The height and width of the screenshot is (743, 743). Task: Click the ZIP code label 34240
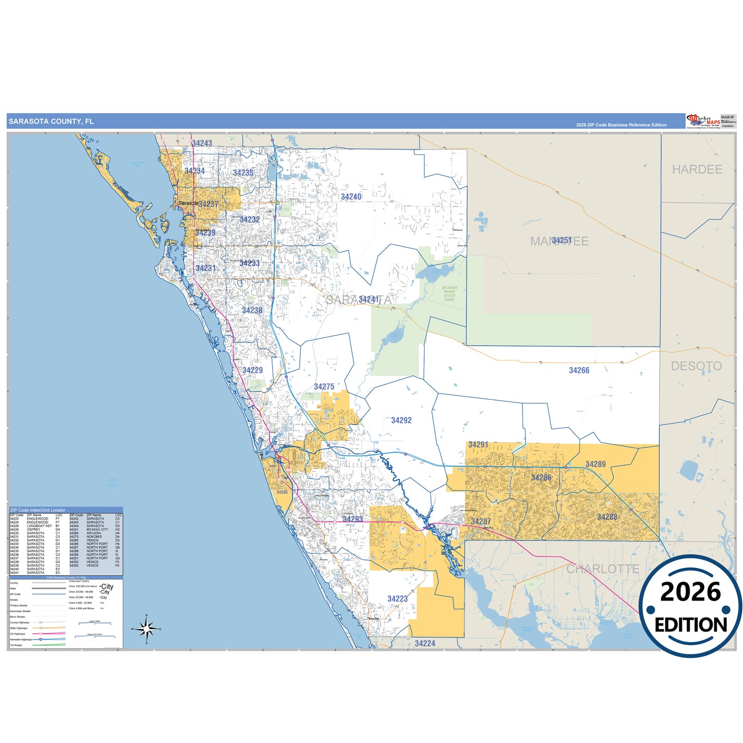point(351,197)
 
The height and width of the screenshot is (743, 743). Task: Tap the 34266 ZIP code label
point(579,370)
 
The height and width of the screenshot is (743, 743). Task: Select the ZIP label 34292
point(401,420)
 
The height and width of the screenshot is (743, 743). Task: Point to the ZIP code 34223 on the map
point(397,599)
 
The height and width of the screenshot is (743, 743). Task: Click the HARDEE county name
point(697,169)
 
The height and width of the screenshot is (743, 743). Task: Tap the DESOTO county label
point(696,366)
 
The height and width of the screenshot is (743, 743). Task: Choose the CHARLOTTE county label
point(603,569)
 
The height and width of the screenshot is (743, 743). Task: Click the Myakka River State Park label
point(449,294)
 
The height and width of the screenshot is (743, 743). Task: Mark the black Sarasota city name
point(188,203)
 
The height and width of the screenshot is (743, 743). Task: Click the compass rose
point(147,628)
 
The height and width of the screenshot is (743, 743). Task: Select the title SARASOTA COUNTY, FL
point(51,121)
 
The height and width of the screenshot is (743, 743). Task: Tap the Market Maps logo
point(703,121)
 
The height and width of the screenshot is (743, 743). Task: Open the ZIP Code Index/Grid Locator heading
point(38,510)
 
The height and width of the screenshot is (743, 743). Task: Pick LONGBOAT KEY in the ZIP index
point(39,526)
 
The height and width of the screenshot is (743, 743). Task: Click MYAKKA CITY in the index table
point(97,530)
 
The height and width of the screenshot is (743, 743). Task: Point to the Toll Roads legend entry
point(16,645)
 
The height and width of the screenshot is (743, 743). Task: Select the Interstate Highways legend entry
point(21,640)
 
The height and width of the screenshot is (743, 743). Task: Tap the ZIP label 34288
point(607,517)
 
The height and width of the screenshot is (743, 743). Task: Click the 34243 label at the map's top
point(202,143)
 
